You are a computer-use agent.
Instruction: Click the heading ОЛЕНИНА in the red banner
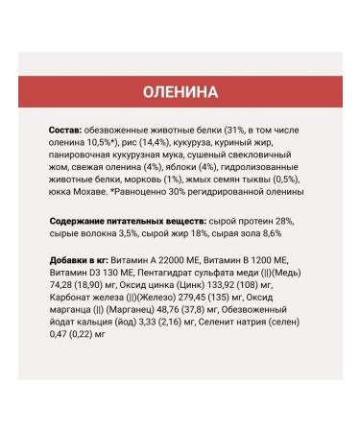click(180, 92)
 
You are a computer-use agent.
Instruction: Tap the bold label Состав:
click(69, 128)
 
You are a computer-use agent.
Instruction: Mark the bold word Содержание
click(86, 222)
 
